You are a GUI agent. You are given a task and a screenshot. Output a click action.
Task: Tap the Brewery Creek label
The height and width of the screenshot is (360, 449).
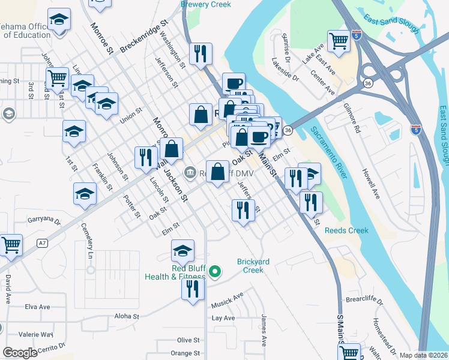pos(206,4)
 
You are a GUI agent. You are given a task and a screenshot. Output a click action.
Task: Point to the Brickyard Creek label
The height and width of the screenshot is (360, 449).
pos(250,266)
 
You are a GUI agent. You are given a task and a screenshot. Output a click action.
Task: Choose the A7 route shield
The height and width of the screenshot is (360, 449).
pos(41,243)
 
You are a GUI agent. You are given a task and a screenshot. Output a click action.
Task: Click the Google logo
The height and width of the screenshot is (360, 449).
pos(20,353)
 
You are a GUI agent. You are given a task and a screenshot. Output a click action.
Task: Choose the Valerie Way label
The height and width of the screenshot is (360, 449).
pos(35,334)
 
